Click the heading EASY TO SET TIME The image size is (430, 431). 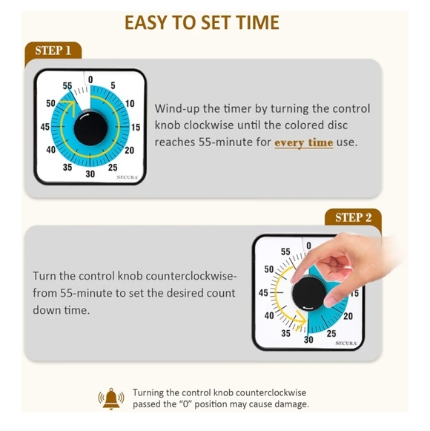click(x=202, y=22)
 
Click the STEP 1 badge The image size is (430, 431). click(x=53, y=50)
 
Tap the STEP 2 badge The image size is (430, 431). click(x=353, y=217)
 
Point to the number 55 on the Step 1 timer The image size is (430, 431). click(x=67, y=86)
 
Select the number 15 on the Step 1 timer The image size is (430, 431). click(x=136, y=128)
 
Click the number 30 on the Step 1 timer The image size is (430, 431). click(x=90, y=174)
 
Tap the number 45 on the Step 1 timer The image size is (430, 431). click(x=45, y=128)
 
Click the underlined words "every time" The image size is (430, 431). click(x=303, y=142)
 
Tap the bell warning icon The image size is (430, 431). click(x=112, y=398)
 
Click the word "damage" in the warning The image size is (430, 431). click(x=290, y=404)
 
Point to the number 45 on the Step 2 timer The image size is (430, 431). click(x=263, y=293)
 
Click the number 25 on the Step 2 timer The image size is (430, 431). click(x=331, y=334)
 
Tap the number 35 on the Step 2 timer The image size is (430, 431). click(x=285, y=333)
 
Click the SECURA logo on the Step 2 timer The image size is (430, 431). click(x=347, y=343)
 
